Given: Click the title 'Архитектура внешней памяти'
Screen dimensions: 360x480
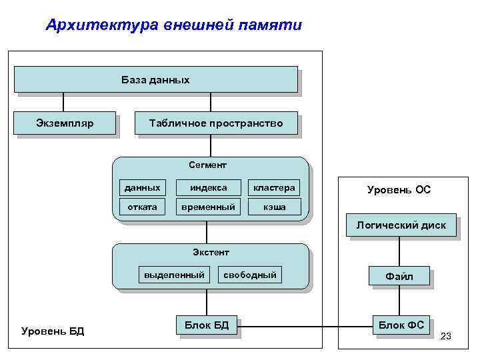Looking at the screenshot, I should tap(173, 25).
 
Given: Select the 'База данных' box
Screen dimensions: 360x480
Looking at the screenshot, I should tap(155, 79).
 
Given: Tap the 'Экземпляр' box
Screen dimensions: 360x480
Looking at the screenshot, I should tap(65, 123).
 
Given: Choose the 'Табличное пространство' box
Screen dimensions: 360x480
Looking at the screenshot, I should tap(216, 123).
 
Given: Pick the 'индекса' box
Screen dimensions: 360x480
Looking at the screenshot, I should tap(208, 187).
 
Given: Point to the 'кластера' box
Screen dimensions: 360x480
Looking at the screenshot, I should tap(273, 187).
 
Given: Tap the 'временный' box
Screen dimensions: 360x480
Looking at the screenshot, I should tap(208, 207).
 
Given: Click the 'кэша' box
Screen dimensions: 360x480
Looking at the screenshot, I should tap(273, 207).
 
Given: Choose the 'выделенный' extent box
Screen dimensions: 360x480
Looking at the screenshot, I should tap(174, 275).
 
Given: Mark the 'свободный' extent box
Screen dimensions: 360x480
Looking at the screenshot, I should tap(250, 275).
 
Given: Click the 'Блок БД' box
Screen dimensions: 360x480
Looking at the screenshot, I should tap(206, 325).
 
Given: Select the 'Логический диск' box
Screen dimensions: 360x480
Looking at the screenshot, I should tap(400, 225).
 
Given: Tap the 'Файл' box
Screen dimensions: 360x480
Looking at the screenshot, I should tap(399, 276).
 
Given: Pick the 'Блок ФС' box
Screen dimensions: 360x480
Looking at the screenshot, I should tap(401, 325).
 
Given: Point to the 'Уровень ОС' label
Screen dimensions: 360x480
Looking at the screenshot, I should tap(399, 190).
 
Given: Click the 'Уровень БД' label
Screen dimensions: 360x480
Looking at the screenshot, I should tap(53, 331).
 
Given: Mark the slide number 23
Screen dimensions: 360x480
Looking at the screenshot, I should tap(445, 336).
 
